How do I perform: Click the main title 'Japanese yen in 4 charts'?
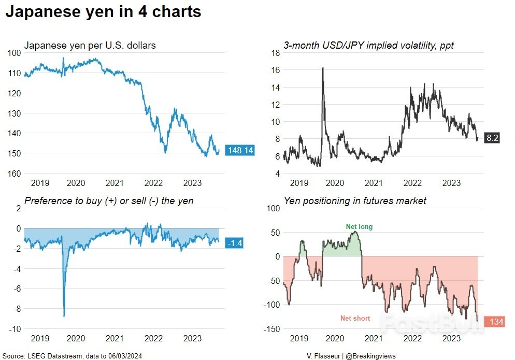(x=103, y=12)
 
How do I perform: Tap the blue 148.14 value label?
(x=240, y=151)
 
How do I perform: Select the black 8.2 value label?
(x=492, y=138)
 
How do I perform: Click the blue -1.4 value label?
(x=235, y=243)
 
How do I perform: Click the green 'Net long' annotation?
(x=359, y=226)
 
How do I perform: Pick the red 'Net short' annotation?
(x=355, y=318)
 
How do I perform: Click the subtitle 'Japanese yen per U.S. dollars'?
(x=90, y=46)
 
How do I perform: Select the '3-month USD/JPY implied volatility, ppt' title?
(x=368, y=46)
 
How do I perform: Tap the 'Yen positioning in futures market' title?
(x=355, y=200)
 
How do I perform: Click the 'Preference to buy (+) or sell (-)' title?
(x=109, y=200)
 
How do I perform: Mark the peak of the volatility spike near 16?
(x=323, y=68)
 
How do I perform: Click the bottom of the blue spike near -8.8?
(x=64, y=315)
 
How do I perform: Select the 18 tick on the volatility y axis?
(x=275, y=53)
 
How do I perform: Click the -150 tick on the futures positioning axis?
(x=271, y=329)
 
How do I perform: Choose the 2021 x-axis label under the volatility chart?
(x=374, y=183)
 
